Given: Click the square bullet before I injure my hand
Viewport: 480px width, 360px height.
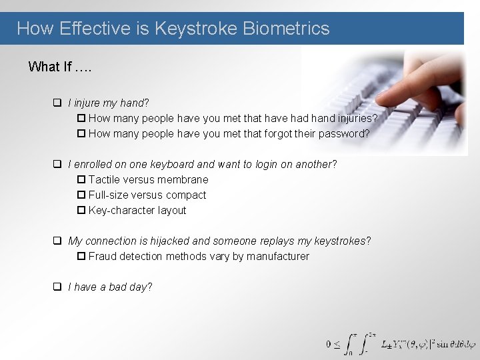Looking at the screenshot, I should point(58,103).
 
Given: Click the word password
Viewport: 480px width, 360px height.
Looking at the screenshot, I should point(344,133).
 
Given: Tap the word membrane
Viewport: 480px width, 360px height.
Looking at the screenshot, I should point(185,179).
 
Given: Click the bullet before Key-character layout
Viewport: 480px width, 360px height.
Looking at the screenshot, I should point(81,211).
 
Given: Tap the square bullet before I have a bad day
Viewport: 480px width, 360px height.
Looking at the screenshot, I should point(58,287).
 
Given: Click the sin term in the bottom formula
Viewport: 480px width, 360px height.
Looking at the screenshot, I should point(443,345).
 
